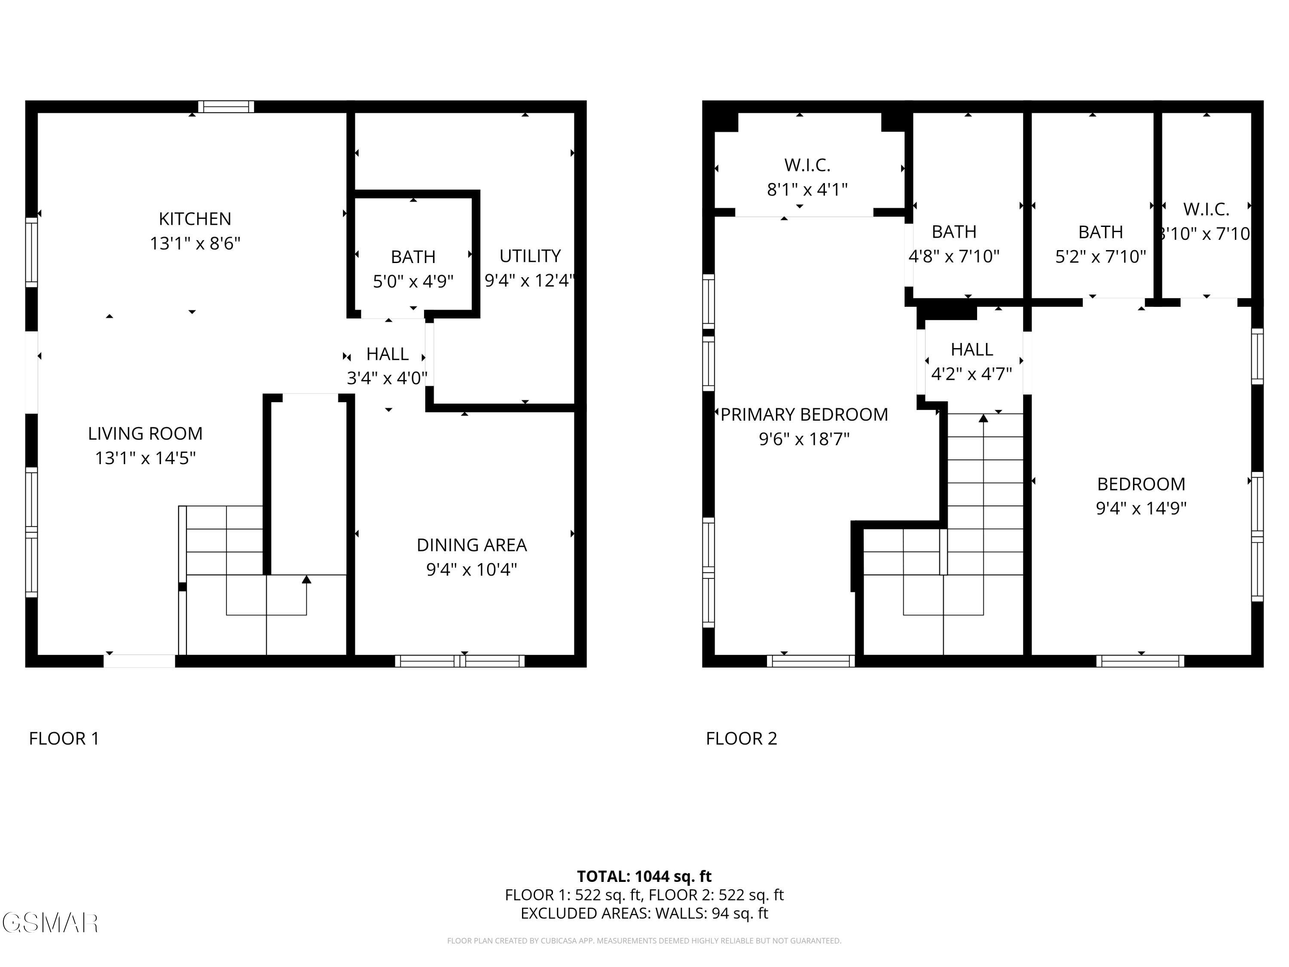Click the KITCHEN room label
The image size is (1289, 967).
[195, 219]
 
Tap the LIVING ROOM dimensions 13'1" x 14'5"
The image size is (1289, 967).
[145, 458]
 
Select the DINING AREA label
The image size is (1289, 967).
[471, 545]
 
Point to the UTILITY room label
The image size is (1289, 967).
[530, 256]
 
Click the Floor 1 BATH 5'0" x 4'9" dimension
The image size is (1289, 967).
[413, 282]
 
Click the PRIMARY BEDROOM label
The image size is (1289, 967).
[804, 414]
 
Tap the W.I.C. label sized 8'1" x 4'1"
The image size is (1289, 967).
[807, 177]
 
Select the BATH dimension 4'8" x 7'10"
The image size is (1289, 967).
[954, 257]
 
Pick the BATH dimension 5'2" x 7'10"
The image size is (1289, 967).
[1100, 257]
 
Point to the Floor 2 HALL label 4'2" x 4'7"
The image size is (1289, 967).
[971, 361]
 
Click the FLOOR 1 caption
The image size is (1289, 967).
[64, 738]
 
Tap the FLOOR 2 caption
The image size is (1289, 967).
[741, 738]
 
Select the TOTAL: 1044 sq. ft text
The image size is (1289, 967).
[644, 876]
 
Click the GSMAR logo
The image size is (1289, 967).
[49, 923]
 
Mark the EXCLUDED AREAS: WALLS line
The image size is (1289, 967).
[644, 913]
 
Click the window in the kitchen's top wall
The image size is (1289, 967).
[226, 107]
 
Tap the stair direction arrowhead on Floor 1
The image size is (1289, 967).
[306, 579]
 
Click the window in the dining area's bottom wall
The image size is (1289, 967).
[460, 661]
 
